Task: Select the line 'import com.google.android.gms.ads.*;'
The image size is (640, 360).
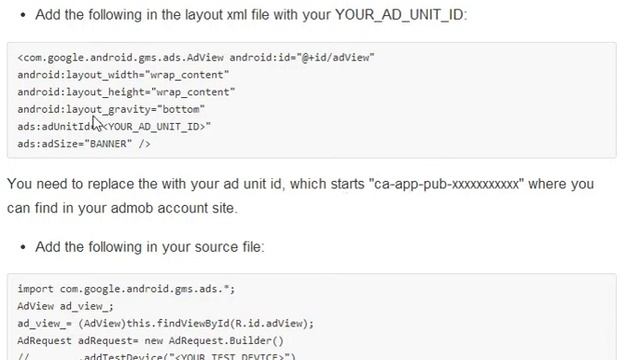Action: [x=126, y=289]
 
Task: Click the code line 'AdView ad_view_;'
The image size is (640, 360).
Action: [x=65, y=306]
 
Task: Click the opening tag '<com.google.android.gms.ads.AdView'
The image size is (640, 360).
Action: [x=120, y=58]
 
